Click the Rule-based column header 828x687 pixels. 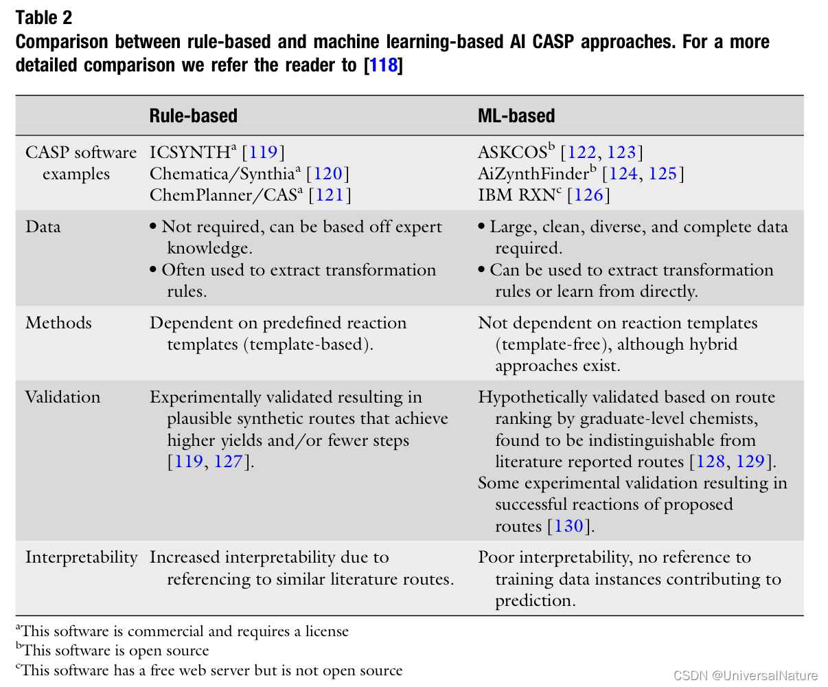(x=193, y=115)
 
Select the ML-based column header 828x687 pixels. (x=516, y=115)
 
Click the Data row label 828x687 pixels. (x=43, y=227)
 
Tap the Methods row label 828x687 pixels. (x=58, y=323)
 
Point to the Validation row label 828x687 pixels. (x=62, y=397)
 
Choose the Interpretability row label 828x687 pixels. (x=81, y=557)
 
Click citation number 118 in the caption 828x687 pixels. (x=384, y=65)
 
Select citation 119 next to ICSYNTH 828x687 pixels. (x=262, y=152)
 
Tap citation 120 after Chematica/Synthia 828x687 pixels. (x=327, y=173)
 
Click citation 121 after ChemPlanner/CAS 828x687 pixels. (x=330, y=195)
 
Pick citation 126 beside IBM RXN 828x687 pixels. (x=588, y=195)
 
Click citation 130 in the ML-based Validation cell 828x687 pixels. (x=568, y=526)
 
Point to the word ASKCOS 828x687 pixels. (x=512, y=152)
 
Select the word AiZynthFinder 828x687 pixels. (x=533, y=173)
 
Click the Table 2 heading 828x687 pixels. (x=43, y=18)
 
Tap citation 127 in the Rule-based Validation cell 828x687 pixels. (x=229, y=461)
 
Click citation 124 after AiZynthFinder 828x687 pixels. (x=623, y=173)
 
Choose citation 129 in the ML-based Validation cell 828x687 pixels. (x=750, y=461)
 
